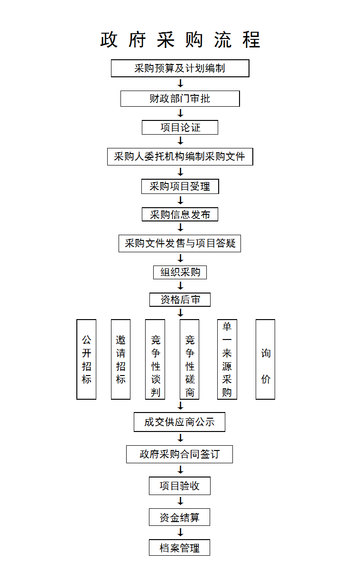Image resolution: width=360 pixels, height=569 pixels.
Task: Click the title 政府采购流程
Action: click(180, 40)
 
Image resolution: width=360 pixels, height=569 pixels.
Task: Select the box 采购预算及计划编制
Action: click(180, 68)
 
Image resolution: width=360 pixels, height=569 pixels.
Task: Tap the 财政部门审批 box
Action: click(180, 99)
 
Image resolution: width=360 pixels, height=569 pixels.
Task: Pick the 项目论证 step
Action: click(180, 127)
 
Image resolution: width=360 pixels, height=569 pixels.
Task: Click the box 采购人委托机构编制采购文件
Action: click(180, 157)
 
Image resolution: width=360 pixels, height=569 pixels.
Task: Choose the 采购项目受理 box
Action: click(180, 186)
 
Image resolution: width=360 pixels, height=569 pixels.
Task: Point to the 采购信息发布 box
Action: click(180, 214)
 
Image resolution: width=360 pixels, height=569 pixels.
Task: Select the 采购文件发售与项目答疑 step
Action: click(180, 243)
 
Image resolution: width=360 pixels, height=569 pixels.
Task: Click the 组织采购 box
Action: click(180, 272)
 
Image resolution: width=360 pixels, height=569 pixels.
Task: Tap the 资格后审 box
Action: click(180, 300)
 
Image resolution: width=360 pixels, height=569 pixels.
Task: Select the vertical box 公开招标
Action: click(86, 359)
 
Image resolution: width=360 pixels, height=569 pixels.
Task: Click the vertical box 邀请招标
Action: click(120, 359)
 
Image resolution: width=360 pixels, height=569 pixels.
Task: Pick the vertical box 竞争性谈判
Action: click(155, 359)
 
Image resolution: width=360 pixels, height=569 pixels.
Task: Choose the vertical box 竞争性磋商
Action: click(190, 359)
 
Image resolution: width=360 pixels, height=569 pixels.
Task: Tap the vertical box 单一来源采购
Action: click(227, 359)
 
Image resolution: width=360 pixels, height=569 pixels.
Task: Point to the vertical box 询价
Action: click(265, 359)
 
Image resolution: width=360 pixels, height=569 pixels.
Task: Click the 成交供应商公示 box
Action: click(180, 422)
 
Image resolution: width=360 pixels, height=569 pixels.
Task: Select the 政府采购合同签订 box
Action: click(180, 454)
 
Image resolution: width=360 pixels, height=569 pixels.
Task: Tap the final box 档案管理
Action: click(180, 548)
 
